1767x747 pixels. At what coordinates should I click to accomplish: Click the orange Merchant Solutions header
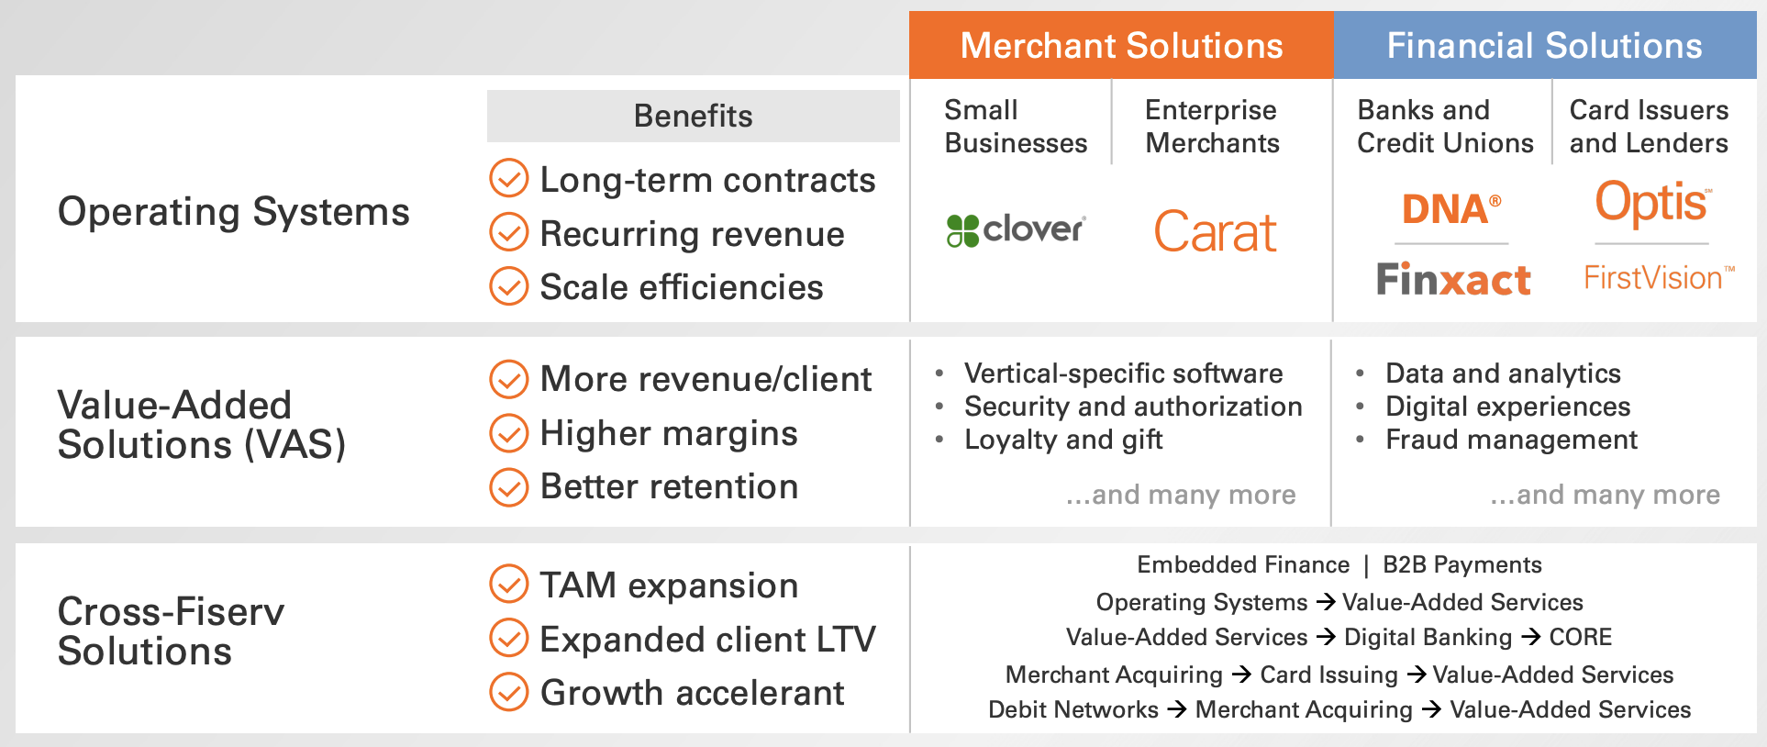coord(1120,46)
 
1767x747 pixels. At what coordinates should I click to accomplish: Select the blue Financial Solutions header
coord(1544,46)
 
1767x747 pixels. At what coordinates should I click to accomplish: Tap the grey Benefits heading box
coord(693,117)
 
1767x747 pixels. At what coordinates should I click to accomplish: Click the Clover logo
coord(1016,229)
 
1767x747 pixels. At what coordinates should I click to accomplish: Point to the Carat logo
coord(1215,232)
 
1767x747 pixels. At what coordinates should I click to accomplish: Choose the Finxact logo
coord(1453,279)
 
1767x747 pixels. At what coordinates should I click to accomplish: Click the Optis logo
coord(1652,203)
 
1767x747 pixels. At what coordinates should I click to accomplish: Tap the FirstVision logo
coord(1659,278)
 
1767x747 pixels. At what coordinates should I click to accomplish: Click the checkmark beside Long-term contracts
coord(509,179)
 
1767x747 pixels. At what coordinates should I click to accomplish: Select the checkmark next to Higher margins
coord(509,433)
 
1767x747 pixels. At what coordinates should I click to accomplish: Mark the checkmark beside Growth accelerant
coord(509,693)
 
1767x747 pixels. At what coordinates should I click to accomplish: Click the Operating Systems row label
coord(233,212)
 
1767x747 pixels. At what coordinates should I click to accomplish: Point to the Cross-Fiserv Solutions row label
coord(171,631)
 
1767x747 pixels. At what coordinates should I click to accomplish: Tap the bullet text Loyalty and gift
coord(1062,440)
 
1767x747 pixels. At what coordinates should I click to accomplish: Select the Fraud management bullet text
coord(1511,440)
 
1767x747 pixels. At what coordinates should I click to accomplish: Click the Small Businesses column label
coord(1015,127)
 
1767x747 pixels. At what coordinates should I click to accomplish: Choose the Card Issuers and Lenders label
coord(1649,127)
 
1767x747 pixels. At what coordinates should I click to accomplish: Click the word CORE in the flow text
coord(1580,637)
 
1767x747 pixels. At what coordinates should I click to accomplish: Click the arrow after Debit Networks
coord(1178,709)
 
